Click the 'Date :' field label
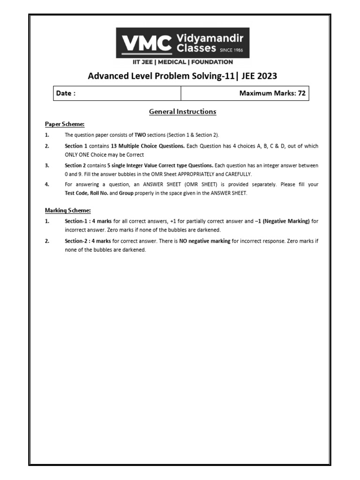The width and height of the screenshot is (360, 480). [x=66, y=93]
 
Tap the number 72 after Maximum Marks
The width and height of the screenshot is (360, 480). [x=301, y=93]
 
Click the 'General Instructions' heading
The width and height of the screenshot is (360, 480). [x=182, y=112]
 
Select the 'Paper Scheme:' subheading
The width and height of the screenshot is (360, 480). [x=64, y=124]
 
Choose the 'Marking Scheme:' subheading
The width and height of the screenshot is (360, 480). [x=67, y=210]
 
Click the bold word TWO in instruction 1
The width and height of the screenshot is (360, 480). [x=140, y=135]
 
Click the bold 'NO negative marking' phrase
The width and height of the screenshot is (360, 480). [x=205, y=241]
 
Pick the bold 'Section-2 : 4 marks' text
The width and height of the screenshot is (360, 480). [x=88, y=241]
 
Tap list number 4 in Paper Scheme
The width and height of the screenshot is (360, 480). [x=47, y=185]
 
